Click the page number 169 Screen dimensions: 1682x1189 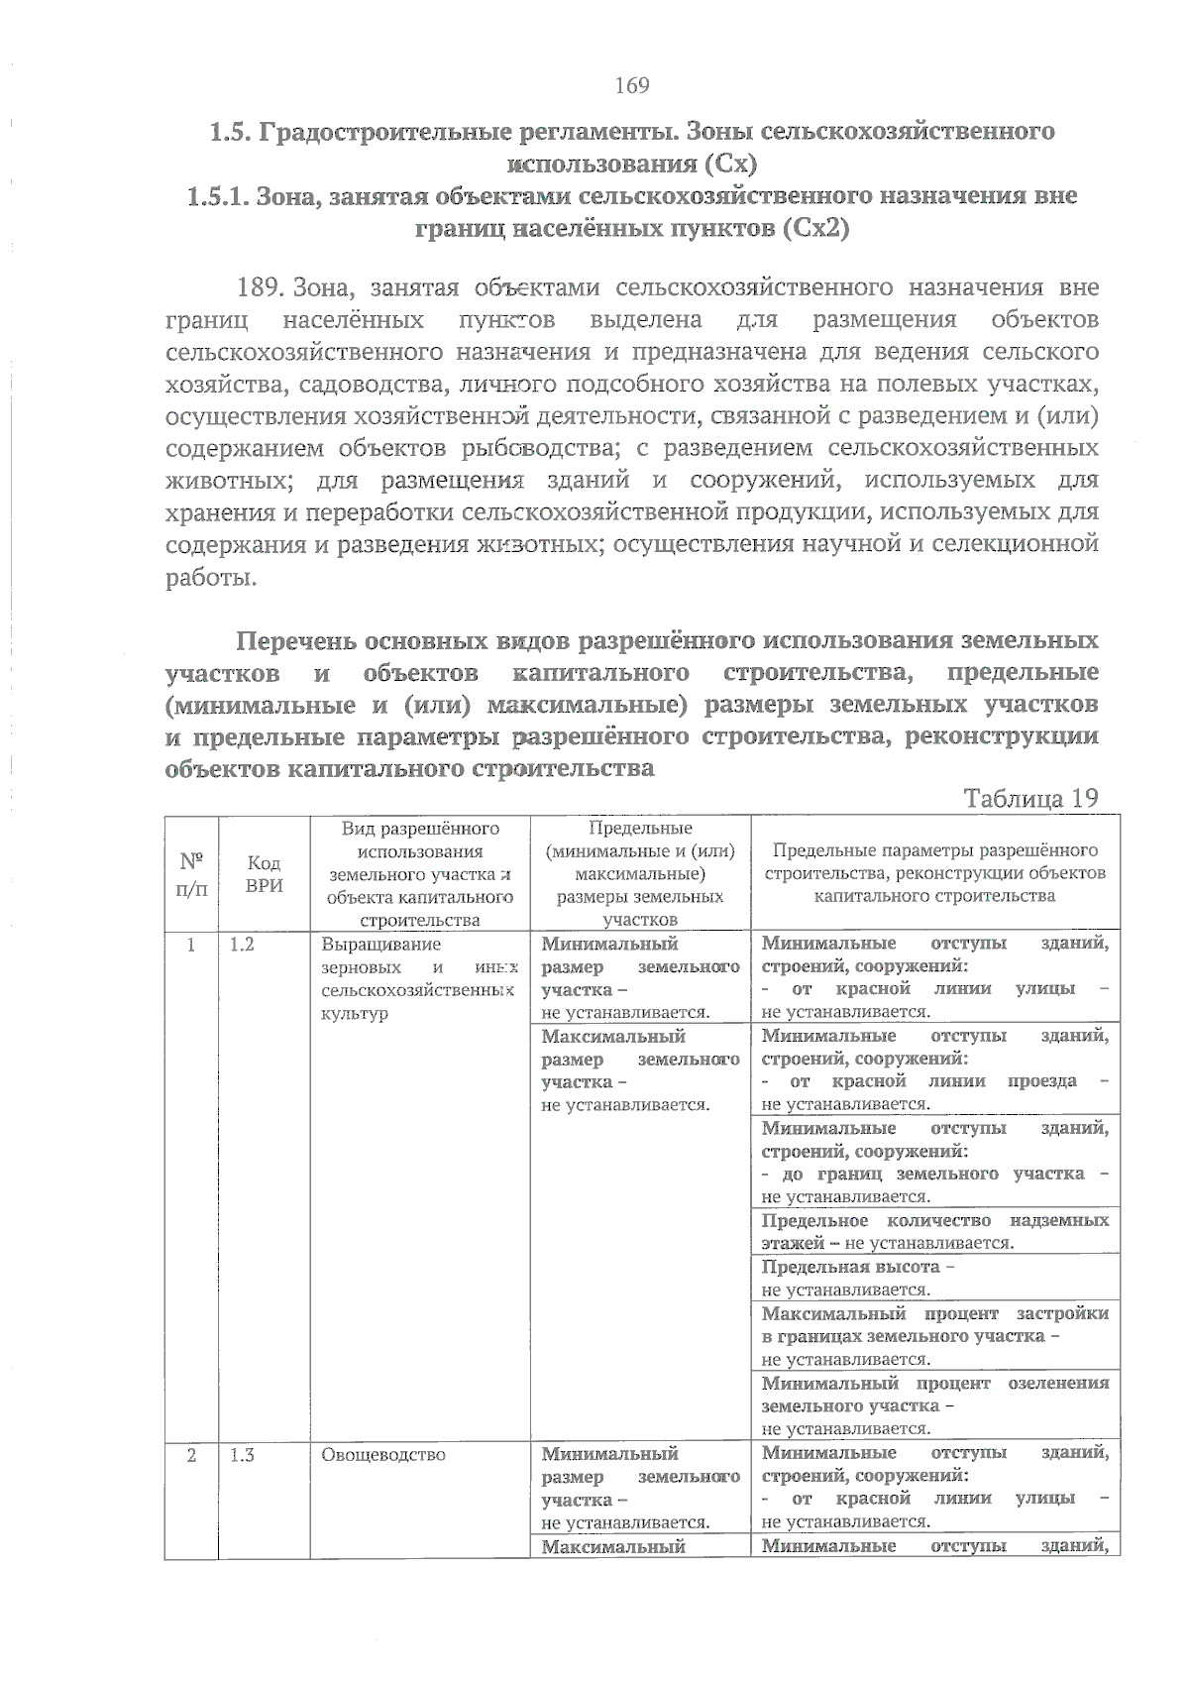(x=631, y=85)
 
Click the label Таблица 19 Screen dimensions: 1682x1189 (x=1030, y=799)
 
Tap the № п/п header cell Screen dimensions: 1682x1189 (x=191, y=873)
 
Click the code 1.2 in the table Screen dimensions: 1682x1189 (x=242, y=945)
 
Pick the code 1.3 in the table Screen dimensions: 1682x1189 (x=242, y=1455)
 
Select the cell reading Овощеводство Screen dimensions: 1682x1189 (x=383, y=1455)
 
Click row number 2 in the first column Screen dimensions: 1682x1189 (x=191, y=1455)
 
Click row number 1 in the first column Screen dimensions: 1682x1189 (x=191, y=945)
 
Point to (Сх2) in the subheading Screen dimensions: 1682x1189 (x=814, y=229)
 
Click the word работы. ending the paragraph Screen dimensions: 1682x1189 (x=211, y=577)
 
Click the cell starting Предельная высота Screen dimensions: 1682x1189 (x=934, y=1278)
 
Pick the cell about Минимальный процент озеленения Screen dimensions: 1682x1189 (x=934, y=1404)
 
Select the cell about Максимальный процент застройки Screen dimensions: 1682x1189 (x=934, y=1335)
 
